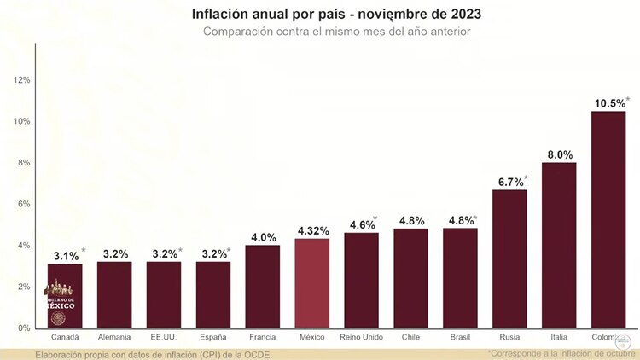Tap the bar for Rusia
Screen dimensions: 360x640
[x=509, y=259]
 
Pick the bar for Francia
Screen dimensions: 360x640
[x=262, y=287]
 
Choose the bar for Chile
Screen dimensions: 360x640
[x=410, y=278]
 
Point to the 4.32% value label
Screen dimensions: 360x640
[x=312, y=230]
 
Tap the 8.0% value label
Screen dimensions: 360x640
[x=559, y=154]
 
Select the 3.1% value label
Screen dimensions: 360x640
[x=63, y=255]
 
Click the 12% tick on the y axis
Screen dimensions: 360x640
[x=22, y=79]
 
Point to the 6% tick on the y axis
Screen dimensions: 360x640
[x=24, y=204]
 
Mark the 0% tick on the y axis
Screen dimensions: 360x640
[x=24, y=328]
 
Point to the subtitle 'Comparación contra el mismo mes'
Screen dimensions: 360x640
[x=336, y=32]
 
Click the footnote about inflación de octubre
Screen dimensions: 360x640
[x=561, y=352]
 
